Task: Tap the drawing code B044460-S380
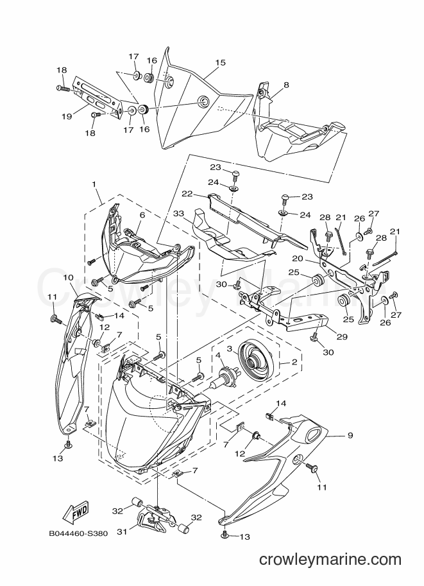(x=78, y=533)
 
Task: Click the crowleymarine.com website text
(x=330, y=560)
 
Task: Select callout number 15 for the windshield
(x=221, y=62)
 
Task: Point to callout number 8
(x=286, y=85)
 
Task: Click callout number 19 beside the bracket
(x=67, y=117)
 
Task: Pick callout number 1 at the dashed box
(x=94, y=184)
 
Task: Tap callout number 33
(x=178, y=214)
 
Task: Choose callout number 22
(x=187, y=194)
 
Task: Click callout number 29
(x=342, y=336)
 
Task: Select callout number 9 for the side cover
(x=350, y=435)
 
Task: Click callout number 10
(x=69, y=278)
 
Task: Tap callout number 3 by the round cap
(x=230, y=348)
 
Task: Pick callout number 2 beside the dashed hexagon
(x=294, y=361)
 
